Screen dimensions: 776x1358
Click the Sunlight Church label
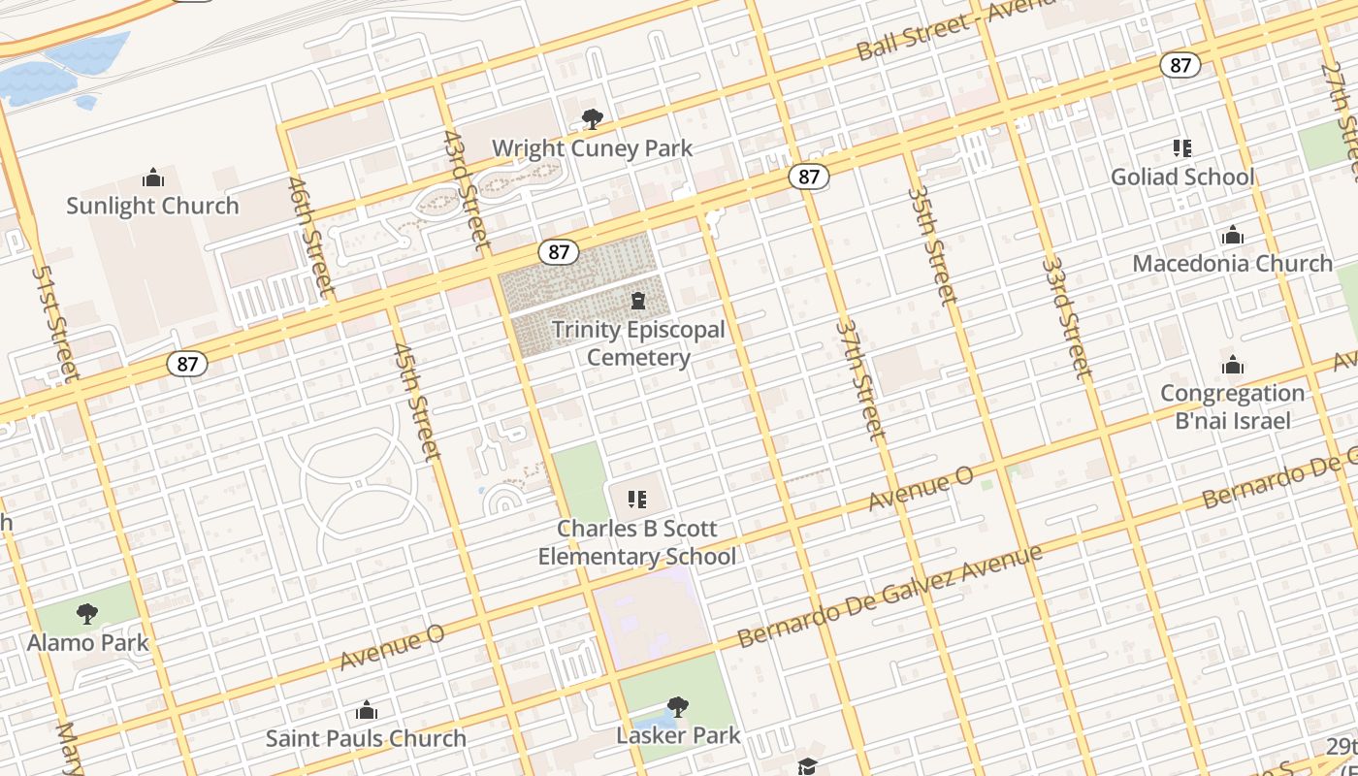[152, 206]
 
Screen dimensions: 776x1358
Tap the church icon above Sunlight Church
[152, 178]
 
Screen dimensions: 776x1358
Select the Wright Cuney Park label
[592, 148]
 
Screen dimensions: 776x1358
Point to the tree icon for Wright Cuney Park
[592, 119]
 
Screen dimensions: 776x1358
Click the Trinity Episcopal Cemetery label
[638, 343]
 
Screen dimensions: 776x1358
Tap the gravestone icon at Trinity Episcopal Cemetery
[638, 301]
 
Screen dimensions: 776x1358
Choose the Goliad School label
[1182, 177]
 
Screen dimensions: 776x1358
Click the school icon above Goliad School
[1181, 148]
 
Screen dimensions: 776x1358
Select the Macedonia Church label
[1232, 263]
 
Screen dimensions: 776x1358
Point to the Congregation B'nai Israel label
[1232, 406]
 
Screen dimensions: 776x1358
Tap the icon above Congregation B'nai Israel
[1232, 365]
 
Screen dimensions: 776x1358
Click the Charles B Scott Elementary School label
[637, 542]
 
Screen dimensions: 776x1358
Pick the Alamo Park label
[88, 642]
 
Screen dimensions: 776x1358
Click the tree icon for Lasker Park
[678, 706]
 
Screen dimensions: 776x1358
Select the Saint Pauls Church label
[366, 738]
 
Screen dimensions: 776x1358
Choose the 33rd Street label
[1067, 317]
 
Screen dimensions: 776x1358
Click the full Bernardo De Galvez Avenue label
[889, 596]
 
